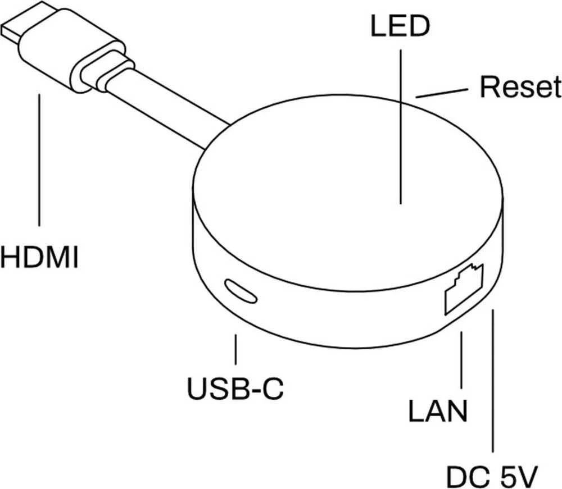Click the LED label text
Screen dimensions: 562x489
click(x=400, y=26)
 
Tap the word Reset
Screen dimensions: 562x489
click(x=520, y=86)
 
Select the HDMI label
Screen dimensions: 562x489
click(x=39, y=257)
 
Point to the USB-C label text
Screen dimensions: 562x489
click(x=235, y=389)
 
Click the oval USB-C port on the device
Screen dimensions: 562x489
click(x=241, y=291)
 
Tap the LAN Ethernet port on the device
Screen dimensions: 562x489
click(x=464, y=289)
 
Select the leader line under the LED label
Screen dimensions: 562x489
click(x=400, y=127)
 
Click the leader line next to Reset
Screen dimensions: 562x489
click(x=442, y=93)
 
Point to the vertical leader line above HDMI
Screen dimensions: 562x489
click(x=39, y=159)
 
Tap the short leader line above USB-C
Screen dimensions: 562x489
click(x=235, y=349)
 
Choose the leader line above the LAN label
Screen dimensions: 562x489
click(x=461, y=360)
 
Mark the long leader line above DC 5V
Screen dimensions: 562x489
click(x=493, y=381)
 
